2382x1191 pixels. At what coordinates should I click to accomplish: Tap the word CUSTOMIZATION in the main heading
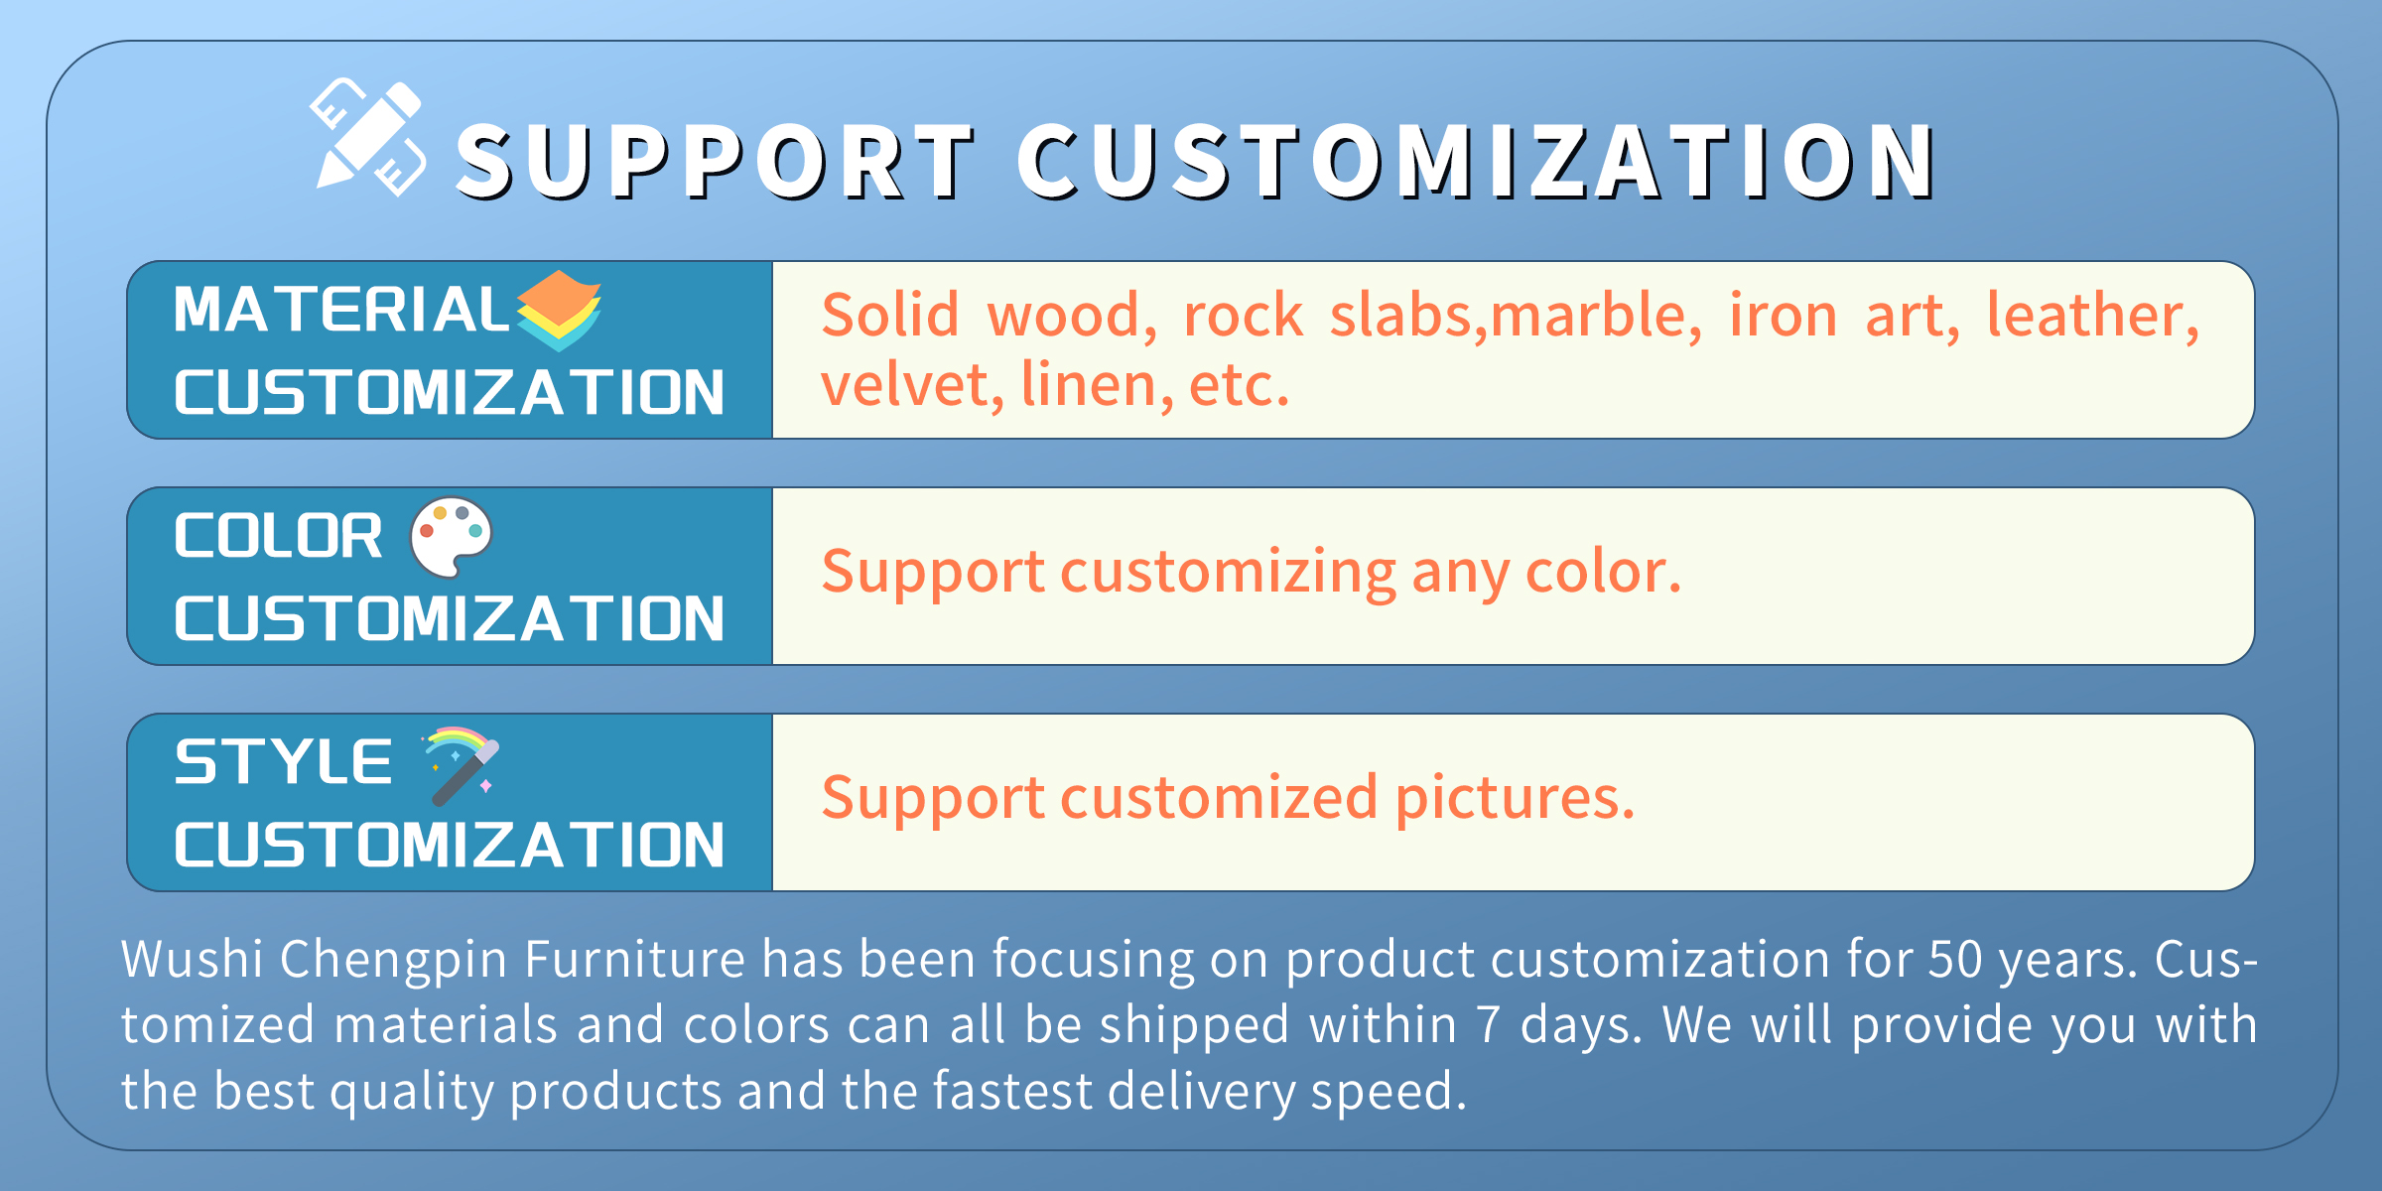(x=1477, y=161)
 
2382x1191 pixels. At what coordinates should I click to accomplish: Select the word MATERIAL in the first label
(x=341, y=309)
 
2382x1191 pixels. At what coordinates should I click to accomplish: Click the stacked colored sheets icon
(x=559, y=310)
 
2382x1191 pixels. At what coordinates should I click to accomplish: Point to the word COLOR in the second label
(x=278, y=536)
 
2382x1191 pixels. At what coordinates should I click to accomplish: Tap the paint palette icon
(x=452, y=536)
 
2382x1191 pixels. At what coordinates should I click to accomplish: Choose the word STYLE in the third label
(x=283, y=761)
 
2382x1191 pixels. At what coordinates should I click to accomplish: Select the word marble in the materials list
(x=1596, y=316)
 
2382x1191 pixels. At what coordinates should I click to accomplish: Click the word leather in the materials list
(x=2092, y=316)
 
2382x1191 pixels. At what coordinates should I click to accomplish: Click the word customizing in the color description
(x=1228, y=573)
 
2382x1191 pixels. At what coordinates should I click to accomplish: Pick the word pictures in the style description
(x=1515, y=798)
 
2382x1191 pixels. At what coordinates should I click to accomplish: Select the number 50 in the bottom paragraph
(x=1954, y=959)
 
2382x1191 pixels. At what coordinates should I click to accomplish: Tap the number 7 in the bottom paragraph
(x=1487, y=1025)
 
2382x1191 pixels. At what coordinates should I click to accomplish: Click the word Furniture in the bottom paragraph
(x=634, y=959)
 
